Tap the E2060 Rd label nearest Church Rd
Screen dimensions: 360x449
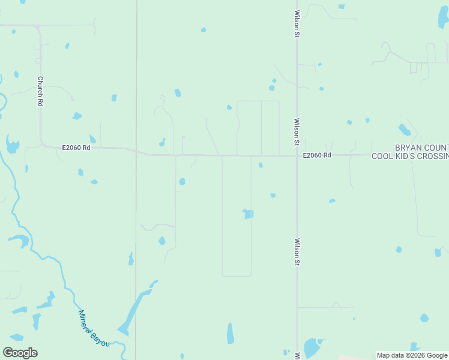pyautogui.click(x=76, y=147)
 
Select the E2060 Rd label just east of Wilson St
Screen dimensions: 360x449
pyautogui.click(x=317, y=155)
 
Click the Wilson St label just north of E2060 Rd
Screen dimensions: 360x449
pyautogui.click(x=297, y=132)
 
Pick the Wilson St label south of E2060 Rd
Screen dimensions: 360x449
pyautogui.click(x=297, y=252)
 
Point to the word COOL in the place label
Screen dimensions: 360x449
pyautogui.click(x=382, y=157)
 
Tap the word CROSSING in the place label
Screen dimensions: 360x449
pyautogui.click(x=433, y=157)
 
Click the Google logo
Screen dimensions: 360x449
pyautogui.click(x=20, y=353)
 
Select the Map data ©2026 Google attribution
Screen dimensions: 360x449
pyautogui.click(x=412, y=355)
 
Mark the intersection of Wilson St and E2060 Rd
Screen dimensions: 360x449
pyautogui.click(x=297, y=155)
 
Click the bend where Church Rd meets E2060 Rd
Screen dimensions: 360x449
pyautogui.click(x=44, y=145)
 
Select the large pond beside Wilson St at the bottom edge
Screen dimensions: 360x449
pyautogui.click(x=311, y=348)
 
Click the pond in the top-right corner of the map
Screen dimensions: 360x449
pyautogui.click(x=443, y=18)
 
